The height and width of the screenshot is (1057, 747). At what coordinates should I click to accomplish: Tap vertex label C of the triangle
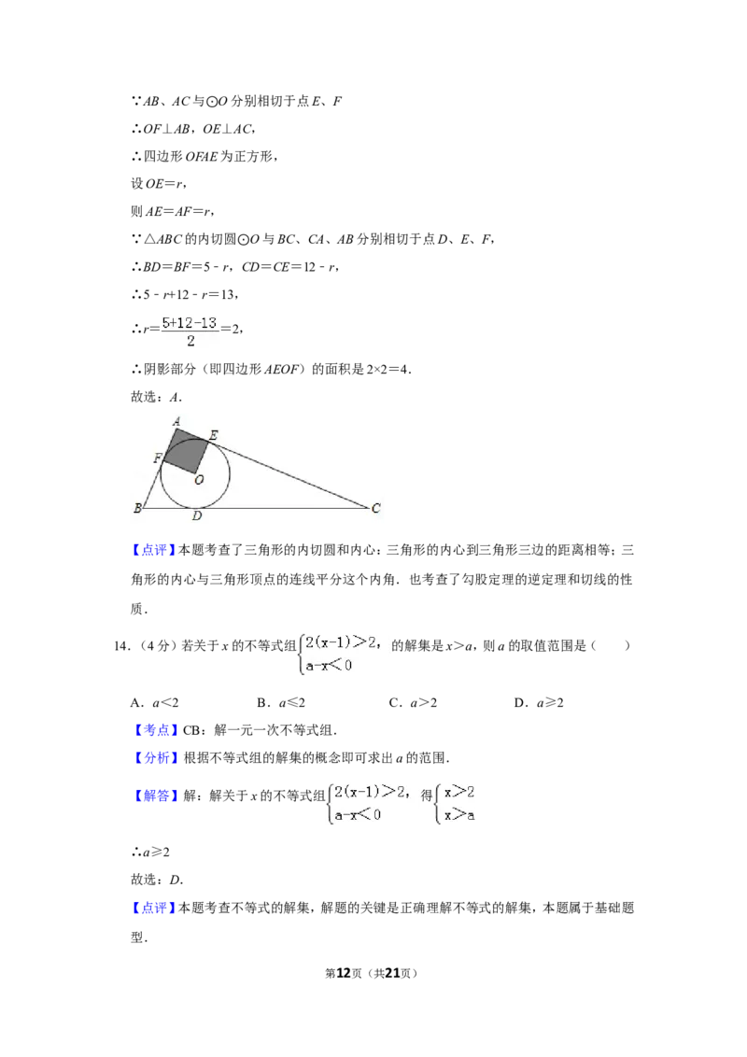pyautogui.click(x=376, y=508)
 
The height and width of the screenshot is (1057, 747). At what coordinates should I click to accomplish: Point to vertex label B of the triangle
pyautogui.click(x=137, y=508)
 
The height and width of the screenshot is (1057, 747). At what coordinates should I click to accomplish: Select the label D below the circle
pyautogui.click(x=196, y=516)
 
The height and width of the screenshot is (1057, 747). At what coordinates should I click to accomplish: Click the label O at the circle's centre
pyautogui.click(x=199, y=480)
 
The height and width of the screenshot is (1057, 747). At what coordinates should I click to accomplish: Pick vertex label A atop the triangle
pyautogui.click(x=176, y=422)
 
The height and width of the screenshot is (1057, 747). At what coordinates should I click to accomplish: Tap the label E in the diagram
pyautogui.click(x=213, y=435)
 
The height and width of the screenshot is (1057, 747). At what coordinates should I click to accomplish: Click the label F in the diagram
pyautogui.click(x=158, y=458)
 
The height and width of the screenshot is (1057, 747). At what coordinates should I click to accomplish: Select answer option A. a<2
pyautogui.click(x=154, y=702)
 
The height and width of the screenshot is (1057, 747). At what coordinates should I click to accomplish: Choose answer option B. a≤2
pyautogui.click(x=281, y=702)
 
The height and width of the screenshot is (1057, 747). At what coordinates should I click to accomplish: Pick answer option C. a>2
pyautogui.click(x=413, y=702)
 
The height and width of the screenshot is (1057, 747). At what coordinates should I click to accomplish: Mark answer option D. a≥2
pyautogui.click(x=539, y=702)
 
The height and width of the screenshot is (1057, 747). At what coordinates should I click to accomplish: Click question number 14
pyautogui.click(x=121, y=646)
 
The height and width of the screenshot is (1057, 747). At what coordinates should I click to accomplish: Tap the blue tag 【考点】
pyautogui.click(x=154, y=730)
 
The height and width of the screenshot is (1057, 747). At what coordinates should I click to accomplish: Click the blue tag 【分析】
pyautogui.click(x=155, y=757)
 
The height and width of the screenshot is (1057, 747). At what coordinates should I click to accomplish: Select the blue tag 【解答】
pyautogui.click(x=155, y=796)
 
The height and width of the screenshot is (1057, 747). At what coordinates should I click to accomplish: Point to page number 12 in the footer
pyautogui.click(x=344, y=973)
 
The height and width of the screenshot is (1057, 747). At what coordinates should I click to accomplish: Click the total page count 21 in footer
pyautogui.click(x=392, y=973)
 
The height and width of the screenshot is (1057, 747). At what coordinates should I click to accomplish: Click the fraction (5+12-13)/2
pyautogui.click(x=190, y=331)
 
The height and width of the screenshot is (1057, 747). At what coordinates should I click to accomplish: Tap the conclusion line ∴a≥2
pyautogui.click(x=150, y=853)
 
